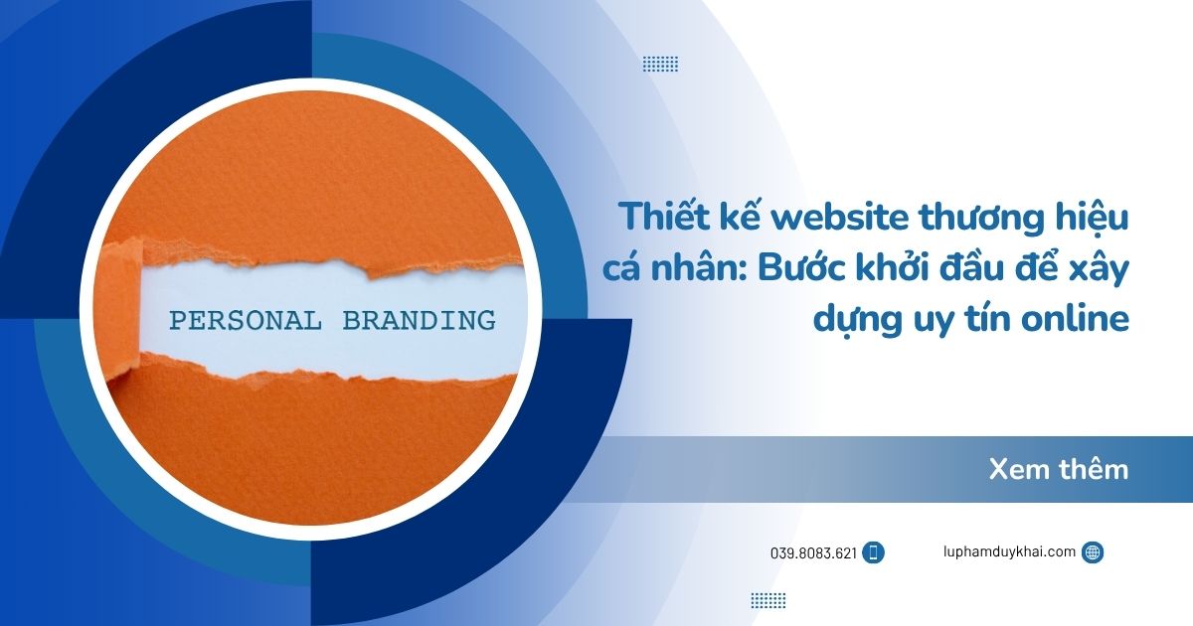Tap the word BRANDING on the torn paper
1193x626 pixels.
pyautogui.click(x=419, y=321)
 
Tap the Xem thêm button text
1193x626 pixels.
pyautogui.click(x=1059, y=469)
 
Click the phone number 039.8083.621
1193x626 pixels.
pyautogui.click(x=813, y=553)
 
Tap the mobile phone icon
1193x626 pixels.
pyautogui.click(x=874, y=553)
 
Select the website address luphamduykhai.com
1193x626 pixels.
pyautogui.click(x=1009, y=552)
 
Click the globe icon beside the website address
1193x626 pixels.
pyautogui.click(x=1093, y=552)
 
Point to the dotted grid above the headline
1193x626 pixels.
pyautogui.click(x=660, y=64)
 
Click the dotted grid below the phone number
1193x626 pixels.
pyautogui.click(x=767, y=600)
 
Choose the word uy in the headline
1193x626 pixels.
pyautogui.click(x=923, y=320)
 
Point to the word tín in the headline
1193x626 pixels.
pyautogui.click(x=978, y=320)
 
